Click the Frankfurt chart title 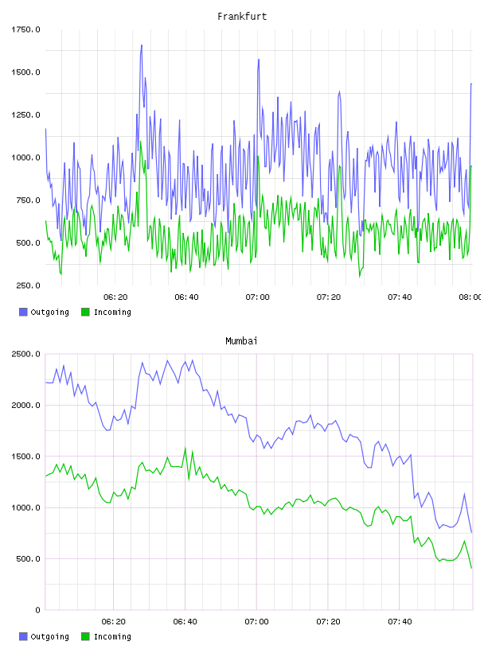pos(242,17)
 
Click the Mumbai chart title pos(241,341)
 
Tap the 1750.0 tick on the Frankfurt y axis pos(25,29)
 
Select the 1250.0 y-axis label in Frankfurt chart pos(25,115)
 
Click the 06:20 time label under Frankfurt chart pos(115,297)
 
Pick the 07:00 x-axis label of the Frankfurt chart pos(257,297)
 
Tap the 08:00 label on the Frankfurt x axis pos(470,297)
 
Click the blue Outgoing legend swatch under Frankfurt pos(23,312)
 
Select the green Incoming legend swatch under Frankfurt pos(85,312)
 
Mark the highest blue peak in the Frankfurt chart pos(142,45)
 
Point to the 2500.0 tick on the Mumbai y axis pos(25,354)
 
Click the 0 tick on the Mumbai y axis pos(37,610)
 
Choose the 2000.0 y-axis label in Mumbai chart pos(25,405)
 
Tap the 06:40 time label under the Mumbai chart pos(185,621)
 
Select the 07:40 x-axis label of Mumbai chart pos(400,621)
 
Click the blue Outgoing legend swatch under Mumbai pos(23,636)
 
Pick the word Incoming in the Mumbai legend pos(112,636)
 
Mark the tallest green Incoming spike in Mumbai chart pos(185,449)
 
